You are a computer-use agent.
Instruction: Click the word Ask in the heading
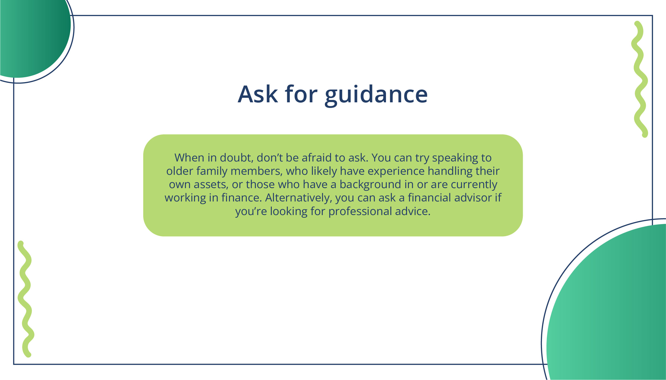(258, 94)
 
